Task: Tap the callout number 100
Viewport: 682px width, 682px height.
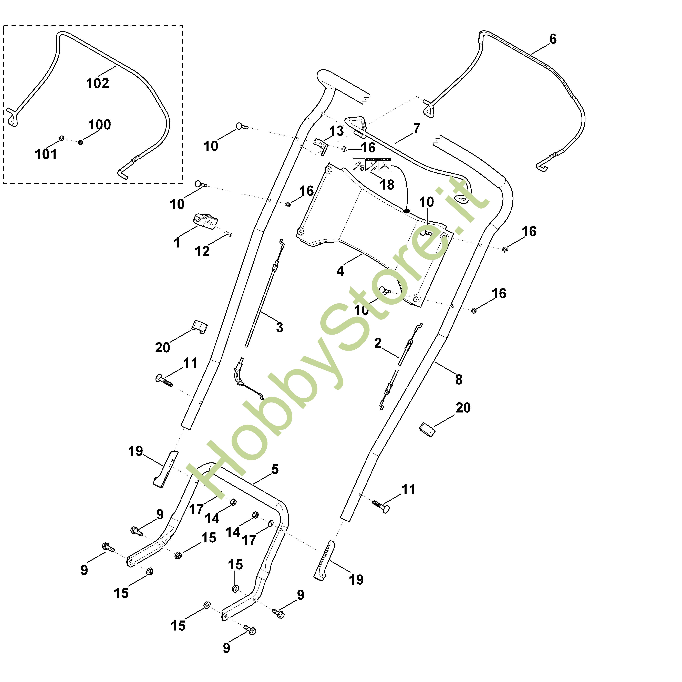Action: click(100, 125)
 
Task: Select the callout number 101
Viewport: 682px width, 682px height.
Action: click(46, 154)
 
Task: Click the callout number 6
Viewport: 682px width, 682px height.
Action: click(553, 39)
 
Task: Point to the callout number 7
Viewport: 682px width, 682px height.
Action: click(417, 129)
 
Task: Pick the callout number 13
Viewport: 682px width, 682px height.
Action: click(336, 131)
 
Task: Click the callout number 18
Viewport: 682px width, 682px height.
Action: click(387, 185)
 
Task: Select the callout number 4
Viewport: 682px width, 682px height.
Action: click(340, 271)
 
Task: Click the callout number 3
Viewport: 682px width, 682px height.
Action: click(280, 328)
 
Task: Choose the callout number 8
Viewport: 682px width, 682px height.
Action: click(459, 379)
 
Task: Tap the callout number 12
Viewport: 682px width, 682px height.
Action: click(202, 251)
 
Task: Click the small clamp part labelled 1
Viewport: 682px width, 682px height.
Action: click(205, 221)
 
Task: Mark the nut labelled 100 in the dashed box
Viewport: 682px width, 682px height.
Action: click(80, 142)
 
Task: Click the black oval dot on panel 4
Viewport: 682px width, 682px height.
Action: click(406, 211)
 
